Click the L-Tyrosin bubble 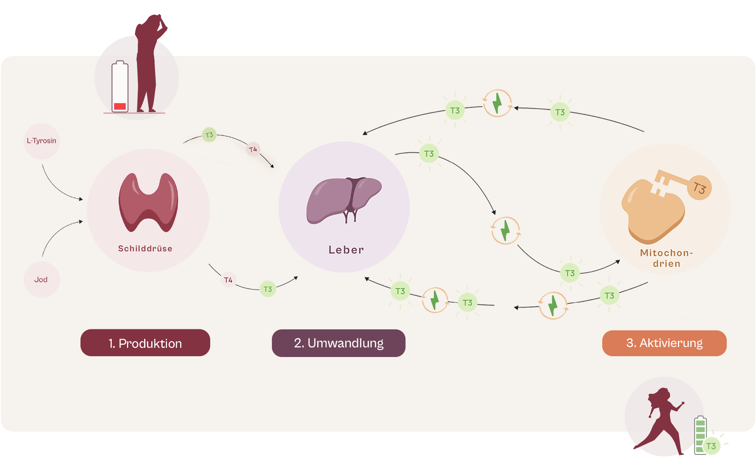(42, 141)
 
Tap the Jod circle (41, 280)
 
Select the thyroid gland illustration (148, 202)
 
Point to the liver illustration (343, 200)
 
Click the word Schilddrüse (145, 248)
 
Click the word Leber (346, 250)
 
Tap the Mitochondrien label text (666, 258)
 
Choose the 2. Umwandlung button (338, 343)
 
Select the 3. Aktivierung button (664, 343)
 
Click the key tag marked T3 (700, 188)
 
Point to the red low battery (120, 87)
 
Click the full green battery (700, 435)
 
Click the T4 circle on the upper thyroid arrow (253, 149)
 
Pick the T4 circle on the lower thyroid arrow (228, 280)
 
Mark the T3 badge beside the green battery (711, 446)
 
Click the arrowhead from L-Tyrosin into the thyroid (81, 199)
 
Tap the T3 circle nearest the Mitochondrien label (570, 273)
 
